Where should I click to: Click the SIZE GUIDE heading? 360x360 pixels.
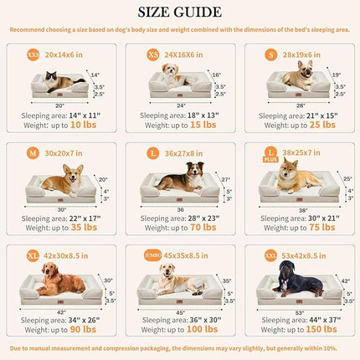pyautogui.click(x=180, y=12)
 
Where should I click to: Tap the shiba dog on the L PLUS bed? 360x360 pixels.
pyautogui.click(x=296, y=177)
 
